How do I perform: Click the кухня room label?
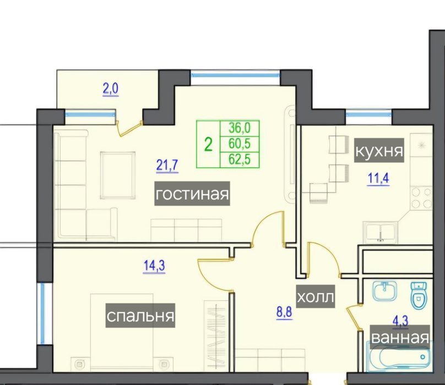coord(379,150)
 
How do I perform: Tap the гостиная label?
coord(192,194)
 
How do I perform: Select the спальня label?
coord(140,316)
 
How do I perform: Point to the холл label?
coord(316,296)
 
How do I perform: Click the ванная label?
coord(400,337)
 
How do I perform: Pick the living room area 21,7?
coord(167,166)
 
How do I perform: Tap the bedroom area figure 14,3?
coord(154,267)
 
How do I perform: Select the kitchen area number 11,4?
coord(378,179)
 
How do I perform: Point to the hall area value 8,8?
coord(284,312)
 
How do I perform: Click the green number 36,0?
coord(240,128)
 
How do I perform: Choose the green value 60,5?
coord(240,144)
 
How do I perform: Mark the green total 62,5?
coord(240,159)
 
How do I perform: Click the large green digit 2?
coord(208,145)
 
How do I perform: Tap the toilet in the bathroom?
coord(419,295)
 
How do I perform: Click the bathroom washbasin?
coord(384,291)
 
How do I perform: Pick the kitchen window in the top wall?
coord(368,114)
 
